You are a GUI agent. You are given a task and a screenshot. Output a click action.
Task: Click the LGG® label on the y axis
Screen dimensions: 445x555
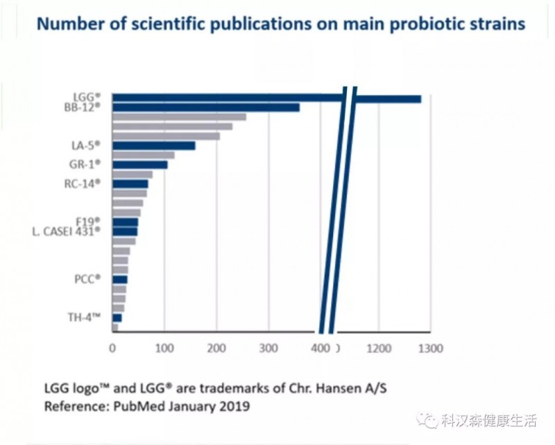click(x=88, y=96)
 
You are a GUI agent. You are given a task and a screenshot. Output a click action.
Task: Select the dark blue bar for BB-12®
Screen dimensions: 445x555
click(x=205, y=107)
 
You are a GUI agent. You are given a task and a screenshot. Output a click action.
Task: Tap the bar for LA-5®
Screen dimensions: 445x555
click(x=153, y=146)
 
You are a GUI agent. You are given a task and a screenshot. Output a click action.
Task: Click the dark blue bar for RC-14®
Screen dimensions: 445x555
click(x=130, y=184)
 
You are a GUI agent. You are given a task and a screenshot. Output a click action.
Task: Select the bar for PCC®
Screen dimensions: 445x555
click(x=119, y=279)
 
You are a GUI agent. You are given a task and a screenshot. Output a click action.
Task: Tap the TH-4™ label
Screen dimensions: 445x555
click(x=87, y=317)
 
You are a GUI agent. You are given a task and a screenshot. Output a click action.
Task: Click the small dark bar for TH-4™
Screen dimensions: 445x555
click(x=117, y=317)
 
